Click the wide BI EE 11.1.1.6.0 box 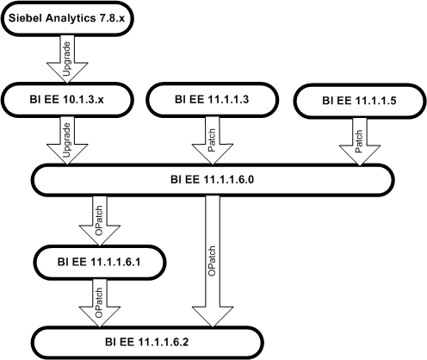(212, 179)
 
